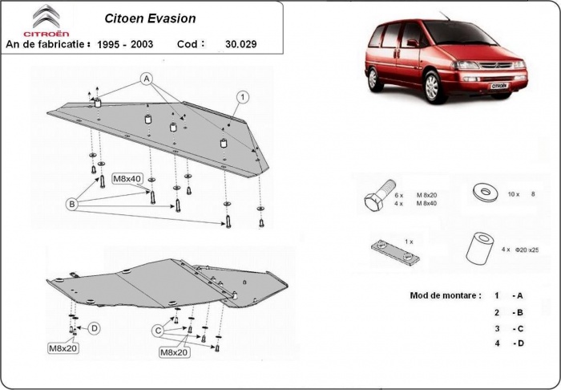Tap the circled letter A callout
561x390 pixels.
pyautogui.click(x=147, y=78)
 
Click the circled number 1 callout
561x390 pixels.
pyautogui.click(x=240, y=97)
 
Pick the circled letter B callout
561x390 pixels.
pyautogui.click(x=71, y=205)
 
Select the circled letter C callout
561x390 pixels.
pyautogui.click(x=159, y=330)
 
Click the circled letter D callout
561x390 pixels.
pyautogui.click(x=94, y=327)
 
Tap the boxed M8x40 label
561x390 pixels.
pyautogui.click(x=126, y=178)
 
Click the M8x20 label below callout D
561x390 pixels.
pyautogui.click(x=63, y=348)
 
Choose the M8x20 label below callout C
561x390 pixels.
pyautogui.click(x=174, y=351)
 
